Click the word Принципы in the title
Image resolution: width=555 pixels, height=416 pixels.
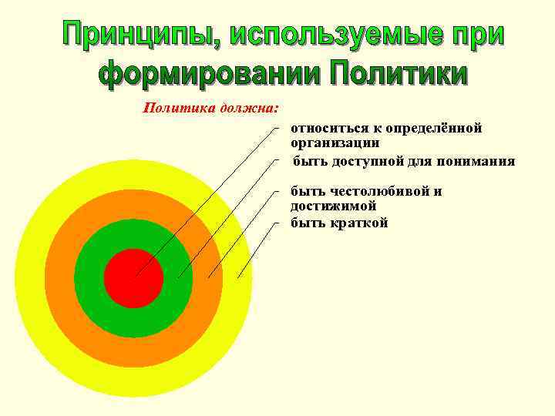coord(139,35)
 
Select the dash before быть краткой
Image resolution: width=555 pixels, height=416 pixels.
coord(276,223)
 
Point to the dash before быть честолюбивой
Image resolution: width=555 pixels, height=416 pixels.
coord(276,191)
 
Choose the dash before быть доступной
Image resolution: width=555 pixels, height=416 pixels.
coord(276,162)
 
